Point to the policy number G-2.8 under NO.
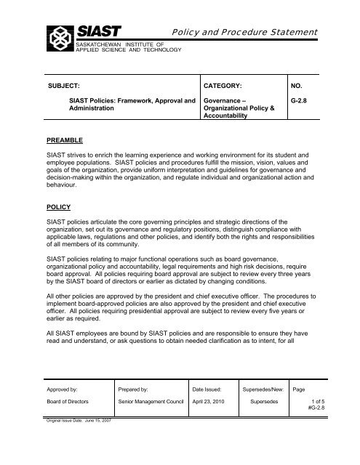click(x=299, y=103)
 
